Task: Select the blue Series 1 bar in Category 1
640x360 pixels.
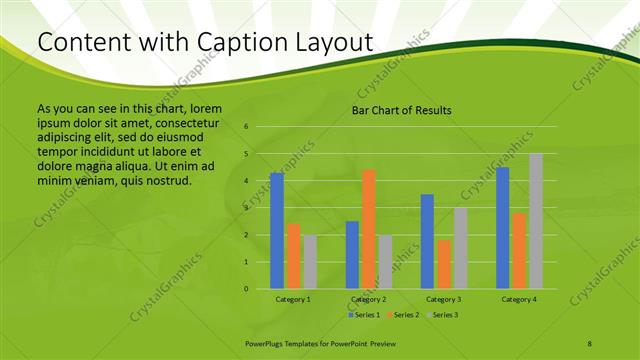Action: pos(277,231)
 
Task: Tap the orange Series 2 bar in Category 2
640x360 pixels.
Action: pos(369,229)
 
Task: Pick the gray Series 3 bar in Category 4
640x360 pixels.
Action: pos(536,221)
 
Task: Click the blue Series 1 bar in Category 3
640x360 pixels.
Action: pos(427,241)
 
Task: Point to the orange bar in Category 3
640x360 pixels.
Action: pos(444,264)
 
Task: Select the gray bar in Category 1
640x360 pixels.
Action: pos(310,262)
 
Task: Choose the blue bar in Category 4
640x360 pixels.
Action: pos(503,228)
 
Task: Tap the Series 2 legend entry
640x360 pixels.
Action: pos(402,315)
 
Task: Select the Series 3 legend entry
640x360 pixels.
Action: pos(441,315)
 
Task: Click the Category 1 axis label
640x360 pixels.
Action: pos(293,299)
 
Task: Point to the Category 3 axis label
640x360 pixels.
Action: pos(444,299)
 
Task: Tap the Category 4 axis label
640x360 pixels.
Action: pos(519,299)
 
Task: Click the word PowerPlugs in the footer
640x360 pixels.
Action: pos(267,343)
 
